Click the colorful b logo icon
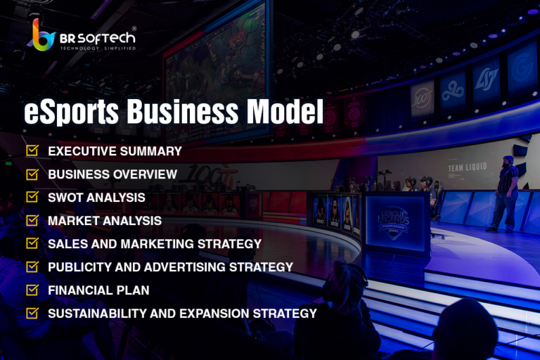coord(42,35)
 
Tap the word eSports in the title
coord(71,111)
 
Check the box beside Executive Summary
coord(32,150)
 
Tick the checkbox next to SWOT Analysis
coord(32,197)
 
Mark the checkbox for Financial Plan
coord(32,290)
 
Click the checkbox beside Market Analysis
coord(32,220)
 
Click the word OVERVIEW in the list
coord(145,174)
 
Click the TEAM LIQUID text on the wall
coord(468,168)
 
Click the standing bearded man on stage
coord(505,194)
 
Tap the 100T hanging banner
coord(422,100)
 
